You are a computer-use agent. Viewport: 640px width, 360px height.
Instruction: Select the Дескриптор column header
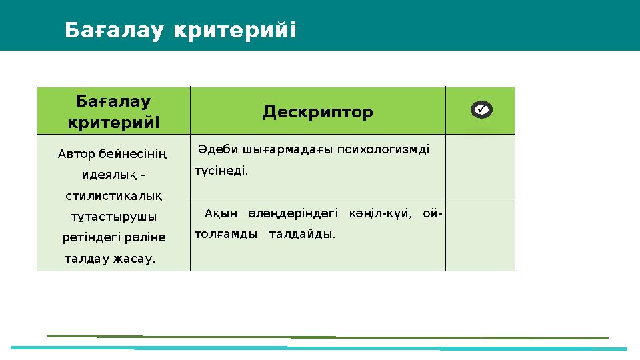coord(317,111)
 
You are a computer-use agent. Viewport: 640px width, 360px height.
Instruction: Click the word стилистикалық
coord(114,196)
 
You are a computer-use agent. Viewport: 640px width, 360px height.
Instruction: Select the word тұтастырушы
coord(114,217)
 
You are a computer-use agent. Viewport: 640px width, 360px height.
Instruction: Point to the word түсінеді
coord(221,171)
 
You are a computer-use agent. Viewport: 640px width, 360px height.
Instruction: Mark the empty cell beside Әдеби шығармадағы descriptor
coord(480,167)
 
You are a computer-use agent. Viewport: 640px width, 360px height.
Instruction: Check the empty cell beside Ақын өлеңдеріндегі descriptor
coord(480,235)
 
